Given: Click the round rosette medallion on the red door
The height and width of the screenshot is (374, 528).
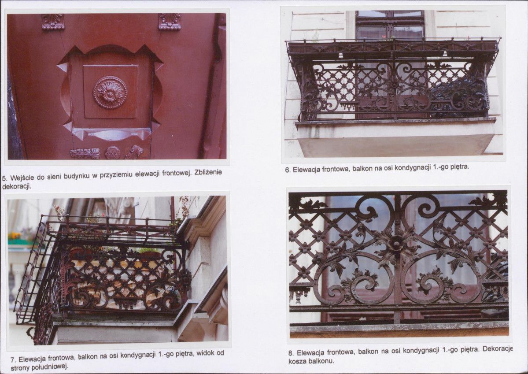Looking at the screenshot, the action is (110, 93).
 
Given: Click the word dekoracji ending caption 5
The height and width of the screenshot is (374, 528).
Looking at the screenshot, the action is (16, 186).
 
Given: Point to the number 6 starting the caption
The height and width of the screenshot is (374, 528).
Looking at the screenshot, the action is (287, 170).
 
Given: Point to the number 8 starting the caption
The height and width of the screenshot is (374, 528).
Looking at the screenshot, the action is (291, 353).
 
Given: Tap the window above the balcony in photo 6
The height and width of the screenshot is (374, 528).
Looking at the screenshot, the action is (390, 25).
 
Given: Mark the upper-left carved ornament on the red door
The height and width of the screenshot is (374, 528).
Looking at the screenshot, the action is (53, 22).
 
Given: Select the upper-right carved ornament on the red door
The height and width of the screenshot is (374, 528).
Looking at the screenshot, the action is (170, 22).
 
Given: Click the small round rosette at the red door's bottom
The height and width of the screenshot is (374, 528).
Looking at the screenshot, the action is (112, 152).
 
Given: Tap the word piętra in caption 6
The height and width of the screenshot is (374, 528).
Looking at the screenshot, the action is (459, 167).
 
